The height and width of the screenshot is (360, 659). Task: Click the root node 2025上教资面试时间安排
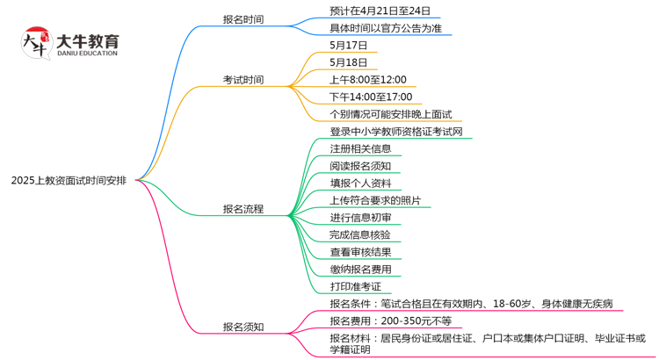coord(69,180)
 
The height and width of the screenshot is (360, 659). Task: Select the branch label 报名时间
coord(243,19)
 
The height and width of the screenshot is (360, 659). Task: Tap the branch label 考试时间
coord(243,80)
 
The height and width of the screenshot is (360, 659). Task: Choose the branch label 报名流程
coord(243,209)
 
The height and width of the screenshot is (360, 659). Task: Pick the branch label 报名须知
coord(243,328)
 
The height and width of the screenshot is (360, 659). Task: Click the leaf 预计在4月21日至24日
coord(380,11)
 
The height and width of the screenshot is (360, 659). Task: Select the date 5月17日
coord(349,46)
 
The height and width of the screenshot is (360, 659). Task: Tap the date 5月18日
coord(349,62)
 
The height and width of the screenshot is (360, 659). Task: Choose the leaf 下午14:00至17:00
coord(371,97)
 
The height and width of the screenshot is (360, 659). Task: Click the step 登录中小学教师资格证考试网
coord(395,132)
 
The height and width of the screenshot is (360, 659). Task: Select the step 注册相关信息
coord(360,148)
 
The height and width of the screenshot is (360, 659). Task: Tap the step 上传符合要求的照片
coord(375,200)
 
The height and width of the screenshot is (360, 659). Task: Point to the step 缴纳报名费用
coord(360,269)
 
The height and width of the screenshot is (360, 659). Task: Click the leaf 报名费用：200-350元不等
coord(390,320)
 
